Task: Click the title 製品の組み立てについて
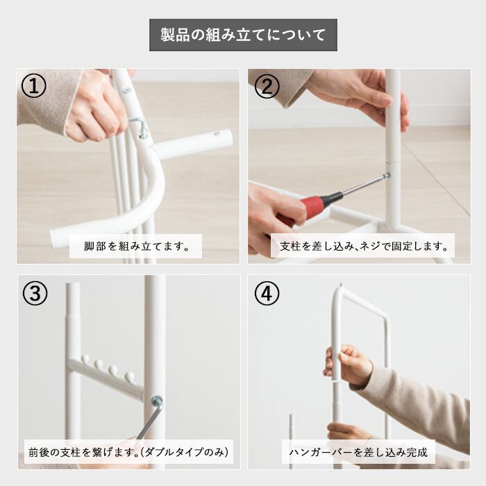(x=243, y=35)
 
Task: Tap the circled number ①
(x=34, y=86)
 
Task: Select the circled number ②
(x=267, y=86)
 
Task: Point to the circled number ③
(x=35, y=293)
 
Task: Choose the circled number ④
(x=267, y=293)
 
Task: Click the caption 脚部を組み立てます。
(x=136, y=246)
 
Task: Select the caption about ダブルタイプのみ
(x=128, y=452)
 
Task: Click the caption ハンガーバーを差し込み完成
(x=358, y=452)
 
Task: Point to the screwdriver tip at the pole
(x=387, y=176)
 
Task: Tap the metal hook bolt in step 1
(x=139, y=126)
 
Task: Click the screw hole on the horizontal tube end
(x=217, y=134)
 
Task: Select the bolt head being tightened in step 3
(x=158, y=401)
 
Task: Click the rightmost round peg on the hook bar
(x=129, y=376)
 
